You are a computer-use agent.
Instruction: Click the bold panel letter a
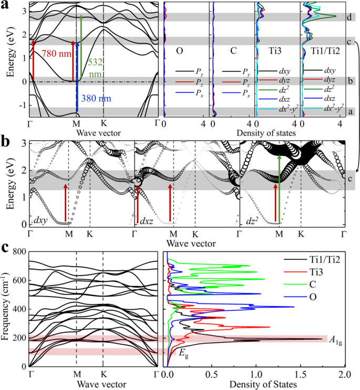(6, 6)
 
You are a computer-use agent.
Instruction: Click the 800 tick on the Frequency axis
(19, 252)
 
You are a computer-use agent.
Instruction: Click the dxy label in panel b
(43, 220)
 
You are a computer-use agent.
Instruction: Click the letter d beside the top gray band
(349, 17)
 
